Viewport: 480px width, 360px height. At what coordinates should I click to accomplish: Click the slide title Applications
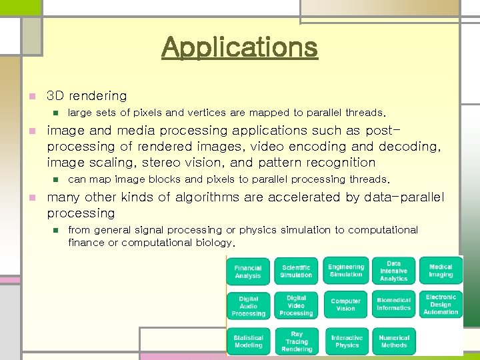pos(239,47)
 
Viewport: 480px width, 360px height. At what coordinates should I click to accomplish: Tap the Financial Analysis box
pos(248,271)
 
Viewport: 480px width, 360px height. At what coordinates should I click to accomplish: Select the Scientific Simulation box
pos(296,271)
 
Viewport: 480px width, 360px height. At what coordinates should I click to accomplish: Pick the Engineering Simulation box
pos(346,270)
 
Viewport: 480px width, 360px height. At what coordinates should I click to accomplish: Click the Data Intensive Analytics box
pos(393,271)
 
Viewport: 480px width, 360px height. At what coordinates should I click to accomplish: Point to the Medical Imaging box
pos(441,271)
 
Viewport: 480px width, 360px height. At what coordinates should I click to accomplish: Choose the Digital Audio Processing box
pos(248,306)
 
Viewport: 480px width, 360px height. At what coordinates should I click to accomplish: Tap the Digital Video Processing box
pos(296,305)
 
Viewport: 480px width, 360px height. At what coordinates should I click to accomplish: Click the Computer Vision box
pos(346,305)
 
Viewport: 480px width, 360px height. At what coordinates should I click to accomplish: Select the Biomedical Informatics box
pos(393,305)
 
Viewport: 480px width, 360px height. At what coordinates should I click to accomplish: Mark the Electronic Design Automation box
pos(441,304)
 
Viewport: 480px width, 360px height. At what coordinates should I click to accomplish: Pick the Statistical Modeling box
pos(248,341)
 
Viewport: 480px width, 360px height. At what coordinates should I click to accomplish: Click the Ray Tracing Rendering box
pos(296,341)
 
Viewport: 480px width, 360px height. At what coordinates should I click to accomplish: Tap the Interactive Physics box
pos(347,341)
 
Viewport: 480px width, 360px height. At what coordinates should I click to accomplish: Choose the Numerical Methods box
pos(393,341)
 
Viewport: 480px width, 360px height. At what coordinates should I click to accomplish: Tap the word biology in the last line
pos(215,243)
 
